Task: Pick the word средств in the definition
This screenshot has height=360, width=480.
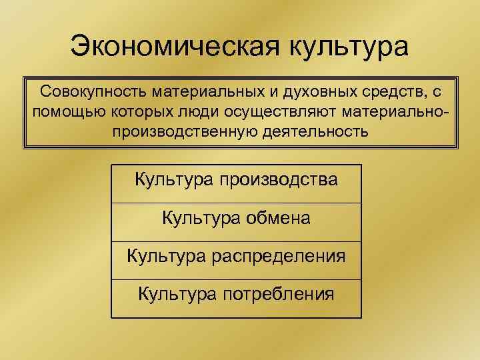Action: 393,91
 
